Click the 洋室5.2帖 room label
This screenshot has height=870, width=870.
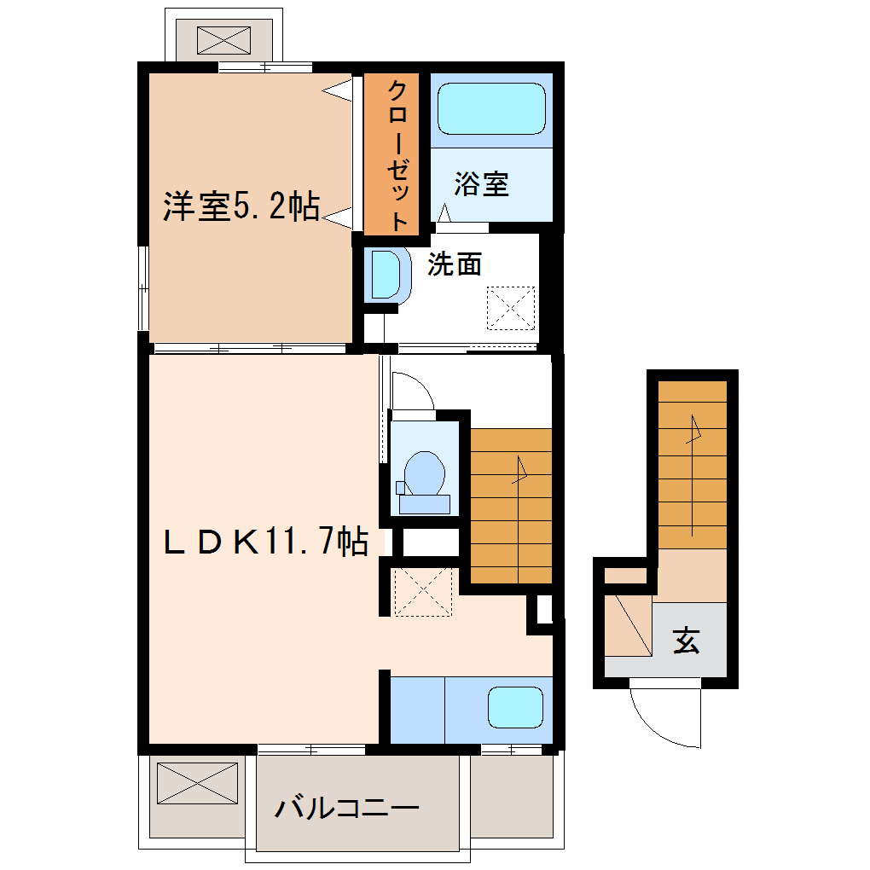pyautogui.click(x=241, y=206)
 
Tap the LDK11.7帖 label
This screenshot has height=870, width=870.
pyautogui.click(x=266, y=541)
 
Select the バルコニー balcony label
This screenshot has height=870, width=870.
pyautogui.click(x=347, y=808)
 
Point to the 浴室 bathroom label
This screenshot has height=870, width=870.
pyautogui.click(x=481, y=183)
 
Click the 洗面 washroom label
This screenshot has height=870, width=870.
pyautogui.click(x=455, y=264)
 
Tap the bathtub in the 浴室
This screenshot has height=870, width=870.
pyautogui.click(x=491, y=109)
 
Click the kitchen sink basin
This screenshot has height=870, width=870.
pyautogui.click(x=515, y=707)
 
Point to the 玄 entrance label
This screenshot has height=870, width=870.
pyautogui.click(x=687, y=641)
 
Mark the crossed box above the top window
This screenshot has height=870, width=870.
pyautogui.click(x=223, y=40)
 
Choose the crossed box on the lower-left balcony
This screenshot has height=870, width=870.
pyautogui.click(x=198, y=783)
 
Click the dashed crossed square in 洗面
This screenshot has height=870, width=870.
pyautogui.click(x=511, y=308)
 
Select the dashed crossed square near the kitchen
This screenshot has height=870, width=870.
pyautogui.click(x=423, y=591)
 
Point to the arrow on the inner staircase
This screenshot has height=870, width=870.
pyautogui.click(x=519, y=519)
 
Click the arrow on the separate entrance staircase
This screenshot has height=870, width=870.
pyautogui.click(x=693, y=475)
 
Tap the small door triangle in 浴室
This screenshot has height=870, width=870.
pyautogui.click(x=444, y=213)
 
